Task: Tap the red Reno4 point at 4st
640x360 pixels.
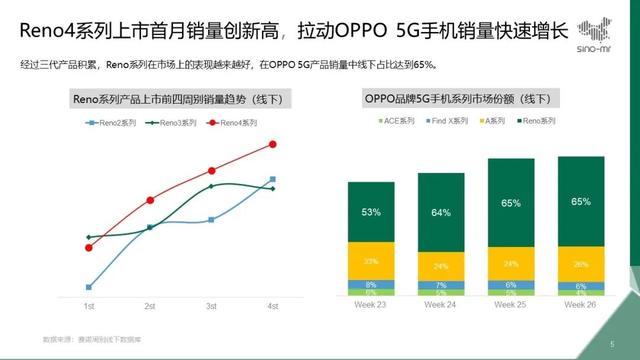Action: pos(273,144)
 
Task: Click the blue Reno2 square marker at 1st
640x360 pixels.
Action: pos(89,287)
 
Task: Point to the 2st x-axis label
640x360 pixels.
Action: pos(150,306)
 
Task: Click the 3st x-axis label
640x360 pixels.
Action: pos(211,306)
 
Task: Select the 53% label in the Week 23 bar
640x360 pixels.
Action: pos(371,212)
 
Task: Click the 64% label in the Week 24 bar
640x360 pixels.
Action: pos(441,213)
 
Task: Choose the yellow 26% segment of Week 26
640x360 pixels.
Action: pos(580,264)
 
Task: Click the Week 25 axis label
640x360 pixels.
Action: pos(510,306)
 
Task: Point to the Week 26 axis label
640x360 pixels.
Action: pos(580,306)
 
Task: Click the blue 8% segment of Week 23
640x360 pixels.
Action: pos(371,284)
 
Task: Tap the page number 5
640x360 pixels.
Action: pos(611,344)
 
